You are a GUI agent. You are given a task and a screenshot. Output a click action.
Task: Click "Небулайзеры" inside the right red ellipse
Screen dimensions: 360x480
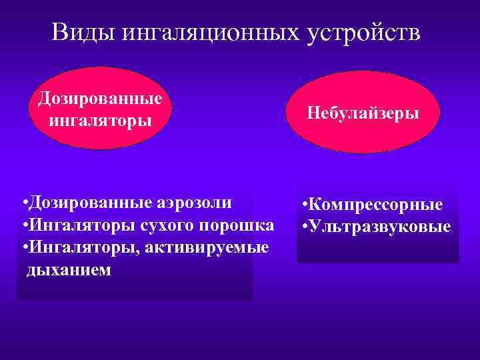[x=363, y=113]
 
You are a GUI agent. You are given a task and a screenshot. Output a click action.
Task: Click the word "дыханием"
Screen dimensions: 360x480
[x=69, y=271]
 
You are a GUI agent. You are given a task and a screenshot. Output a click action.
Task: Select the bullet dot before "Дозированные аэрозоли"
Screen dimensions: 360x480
[x=23, y=202]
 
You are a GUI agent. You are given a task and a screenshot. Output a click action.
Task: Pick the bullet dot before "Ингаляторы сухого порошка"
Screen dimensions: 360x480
[x=23, y=225]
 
